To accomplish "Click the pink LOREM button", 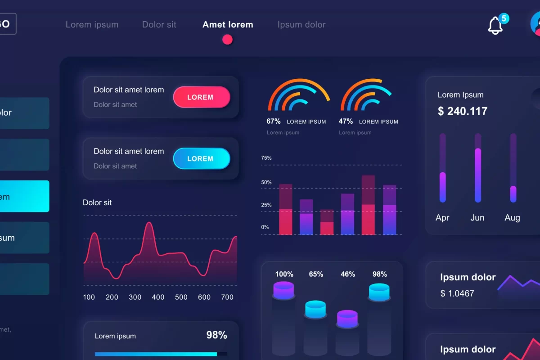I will pos(201,97).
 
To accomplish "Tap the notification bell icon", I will pos(495,26).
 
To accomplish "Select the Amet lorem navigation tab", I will pos(228,25).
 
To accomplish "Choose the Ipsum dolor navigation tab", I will pos(301,25).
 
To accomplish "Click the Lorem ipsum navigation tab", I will pos(92,25).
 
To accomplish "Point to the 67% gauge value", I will pos(273,121).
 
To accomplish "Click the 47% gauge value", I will pos(346,121).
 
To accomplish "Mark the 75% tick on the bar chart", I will pos(266,158).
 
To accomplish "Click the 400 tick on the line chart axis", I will pos(158,297).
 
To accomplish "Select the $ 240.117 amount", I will pos(463,111).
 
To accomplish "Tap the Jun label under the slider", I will pos(477,218).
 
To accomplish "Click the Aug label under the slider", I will pos(513,218).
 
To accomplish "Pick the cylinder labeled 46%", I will pos(347,318).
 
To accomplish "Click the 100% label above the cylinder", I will pos(284,274).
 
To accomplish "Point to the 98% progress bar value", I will pos(216,335).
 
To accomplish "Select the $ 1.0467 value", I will pos(457,293).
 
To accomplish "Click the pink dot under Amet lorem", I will pos(228,40).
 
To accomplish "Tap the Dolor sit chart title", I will pos(97,202).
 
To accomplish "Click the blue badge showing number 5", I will pos(504,18).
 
